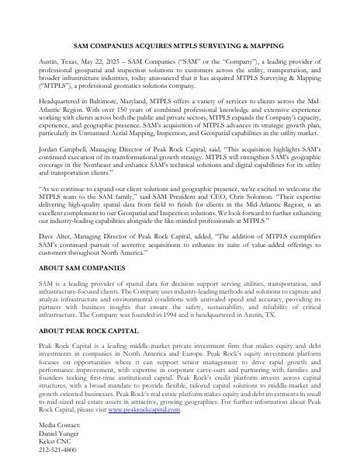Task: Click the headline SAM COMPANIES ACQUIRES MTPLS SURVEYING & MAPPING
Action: tap(180, 47)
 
